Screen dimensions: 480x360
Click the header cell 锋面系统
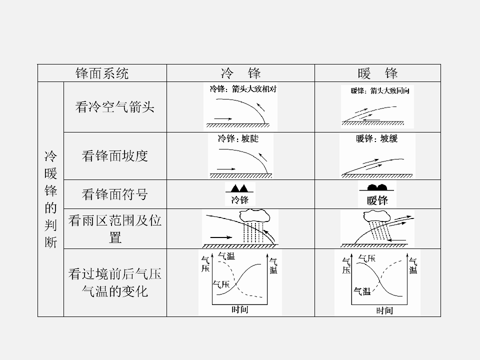coord(102,73)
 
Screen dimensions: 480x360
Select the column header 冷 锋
coord(240,73)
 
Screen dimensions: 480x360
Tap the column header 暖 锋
coord(377,73)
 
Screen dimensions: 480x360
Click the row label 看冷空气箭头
coord(115,107)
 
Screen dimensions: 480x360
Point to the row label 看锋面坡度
coord(115,156)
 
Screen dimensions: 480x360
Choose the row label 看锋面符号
coord(115,194)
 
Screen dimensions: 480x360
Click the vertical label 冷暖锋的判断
coord(51,199)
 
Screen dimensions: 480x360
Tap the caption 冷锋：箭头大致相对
coord(243,89)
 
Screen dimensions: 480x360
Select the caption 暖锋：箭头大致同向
coord(380,90)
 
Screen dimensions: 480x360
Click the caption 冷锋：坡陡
coord(238,138)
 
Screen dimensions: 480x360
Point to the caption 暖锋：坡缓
coord(377,138)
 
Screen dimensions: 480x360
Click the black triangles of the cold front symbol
coord(239,188)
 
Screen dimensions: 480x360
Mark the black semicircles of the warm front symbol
coord(377,187)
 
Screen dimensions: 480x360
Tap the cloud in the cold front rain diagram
coord(254,216)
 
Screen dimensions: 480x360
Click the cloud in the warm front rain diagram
coord(377,216)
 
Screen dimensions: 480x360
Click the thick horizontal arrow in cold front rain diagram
coord(221,237)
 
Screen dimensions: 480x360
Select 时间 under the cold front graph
coord(239,309)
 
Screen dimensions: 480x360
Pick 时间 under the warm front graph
coord(384,310)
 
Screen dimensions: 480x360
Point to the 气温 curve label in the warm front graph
coord(362,291)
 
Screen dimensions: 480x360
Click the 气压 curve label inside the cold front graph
coord(221,284)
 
